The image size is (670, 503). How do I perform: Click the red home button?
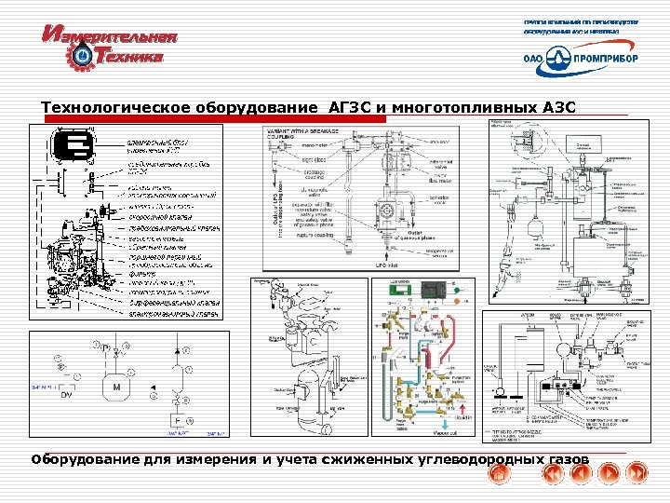point(501,475)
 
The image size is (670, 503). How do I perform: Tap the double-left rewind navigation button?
point(552,475)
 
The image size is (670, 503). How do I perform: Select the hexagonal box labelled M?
point(117,386)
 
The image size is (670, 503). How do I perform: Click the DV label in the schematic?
point(67,396)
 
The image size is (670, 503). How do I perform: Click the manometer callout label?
point(320,145)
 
